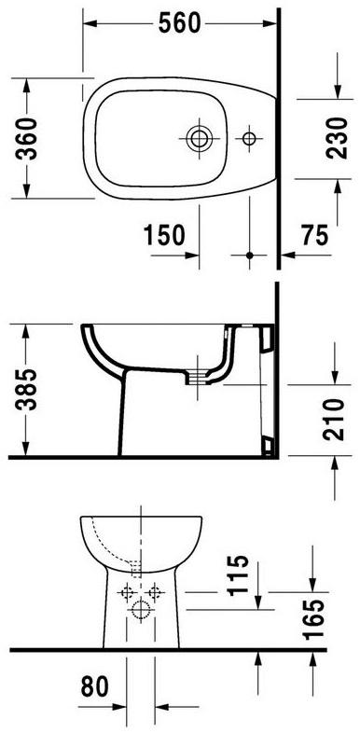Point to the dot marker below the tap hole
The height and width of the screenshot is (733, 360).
tap(249, 254)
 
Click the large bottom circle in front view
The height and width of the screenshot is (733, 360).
tap(141, 612)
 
